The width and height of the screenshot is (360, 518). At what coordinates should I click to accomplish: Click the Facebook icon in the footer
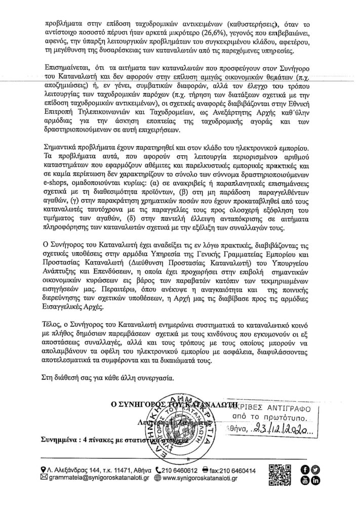coord(304,470)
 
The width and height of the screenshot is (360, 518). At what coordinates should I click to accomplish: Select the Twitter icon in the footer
coord(315,470)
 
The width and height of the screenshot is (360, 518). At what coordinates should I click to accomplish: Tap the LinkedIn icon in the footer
coord(315,480)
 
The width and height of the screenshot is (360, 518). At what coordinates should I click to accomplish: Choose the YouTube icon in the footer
coord(304,480)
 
